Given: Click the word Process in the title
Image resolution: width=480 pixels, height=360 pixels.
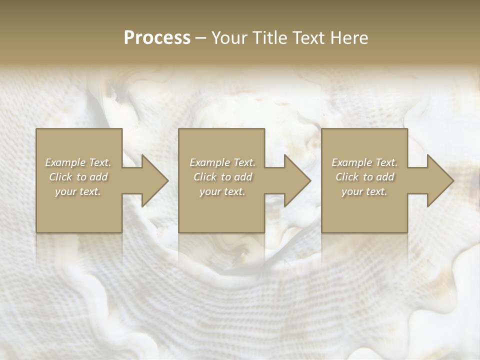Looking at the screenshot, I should click(x=157, y=38).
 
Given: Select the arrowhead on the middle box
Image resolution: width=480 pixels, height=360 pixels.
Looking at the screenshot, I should click(x=294, y=180).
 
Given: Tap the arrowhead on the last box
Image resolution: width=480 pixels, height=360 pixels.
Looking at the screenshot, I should click(x=436, y=180).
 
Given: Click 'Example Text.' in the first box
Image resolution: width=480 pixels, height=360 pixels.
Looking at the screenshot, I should click(x=78, y=162).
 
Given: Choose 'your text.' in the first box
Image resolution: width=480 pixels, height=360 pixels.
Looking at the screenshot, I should click(x=78, y=191).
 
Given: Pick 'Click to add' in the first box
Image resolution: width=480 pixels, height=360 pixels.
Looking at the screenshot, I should click(x=78, y=177).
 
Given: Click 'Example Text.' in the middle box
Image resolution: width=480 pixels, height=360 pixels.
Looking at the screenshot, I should click(x=222, y=162).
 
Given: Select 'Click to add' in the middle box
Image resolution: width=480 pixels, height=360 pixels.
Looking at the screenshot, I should click(x=222, y=177).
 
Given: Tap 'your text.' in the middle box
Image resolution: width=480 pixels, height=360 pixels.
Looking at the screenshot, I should click(x=222, y=191).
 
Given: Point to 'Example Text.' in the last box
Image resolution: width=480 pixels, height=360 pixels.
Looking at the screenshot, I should click(x=364, y=162).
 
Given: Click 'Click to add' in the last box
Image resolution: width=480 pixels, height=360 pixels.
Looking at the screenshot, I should click(x=364, y=177).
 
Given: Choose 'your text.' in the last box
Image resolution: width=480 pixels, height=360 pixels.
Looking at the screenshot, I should click(x=364, y=191).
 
